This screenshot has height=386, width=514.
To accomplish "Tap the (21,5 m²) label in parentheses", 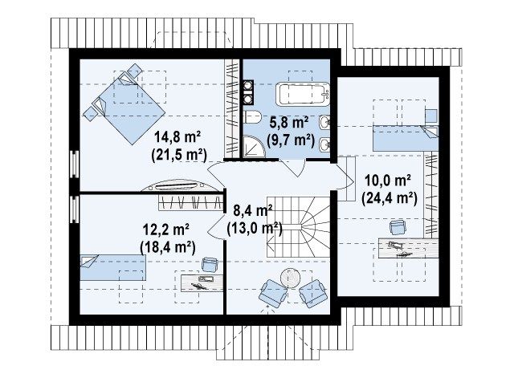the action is coord(179,155).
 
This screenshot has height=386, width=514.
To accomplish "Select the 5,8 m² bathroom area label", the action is coord(289,123).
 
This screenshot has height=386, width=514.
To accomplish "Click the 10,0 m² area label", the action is coord(389,181).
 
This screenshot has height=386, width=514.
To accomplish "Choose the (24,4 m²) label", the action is coord(389,198).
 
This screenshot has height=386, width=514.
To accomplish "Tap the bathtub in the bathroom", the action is coord(302,94).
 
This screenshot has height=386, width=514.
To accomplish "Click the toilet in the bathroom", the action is coord(252,116).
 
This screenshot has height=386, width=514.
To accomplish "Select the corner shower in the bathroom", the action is coord(253,147).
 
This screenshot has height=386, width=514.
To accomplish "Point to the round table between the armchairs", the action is coord(290,278).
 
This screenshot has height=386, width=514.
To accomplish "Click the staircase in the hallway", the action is coord(298,227).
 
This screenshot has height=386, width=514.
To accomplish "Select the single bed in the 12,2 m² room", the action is coord(112,268).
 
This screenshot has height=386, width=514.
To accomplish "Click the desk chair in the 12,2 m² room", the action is coord(210,265).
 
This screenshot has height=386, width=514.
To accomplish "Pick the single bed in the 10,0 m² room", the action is coord(405,137).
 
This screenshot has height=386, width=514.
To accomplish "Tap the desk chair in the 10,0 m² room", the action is coord(398,227).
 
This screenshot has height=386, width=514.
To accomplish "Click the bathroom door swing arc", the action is coord(293,168).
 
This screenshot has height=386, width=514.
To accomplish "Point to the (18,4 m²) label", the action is coord(168,247).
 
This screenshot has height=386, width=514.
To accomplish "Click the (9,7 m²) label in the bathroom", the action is coord(291,140).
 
